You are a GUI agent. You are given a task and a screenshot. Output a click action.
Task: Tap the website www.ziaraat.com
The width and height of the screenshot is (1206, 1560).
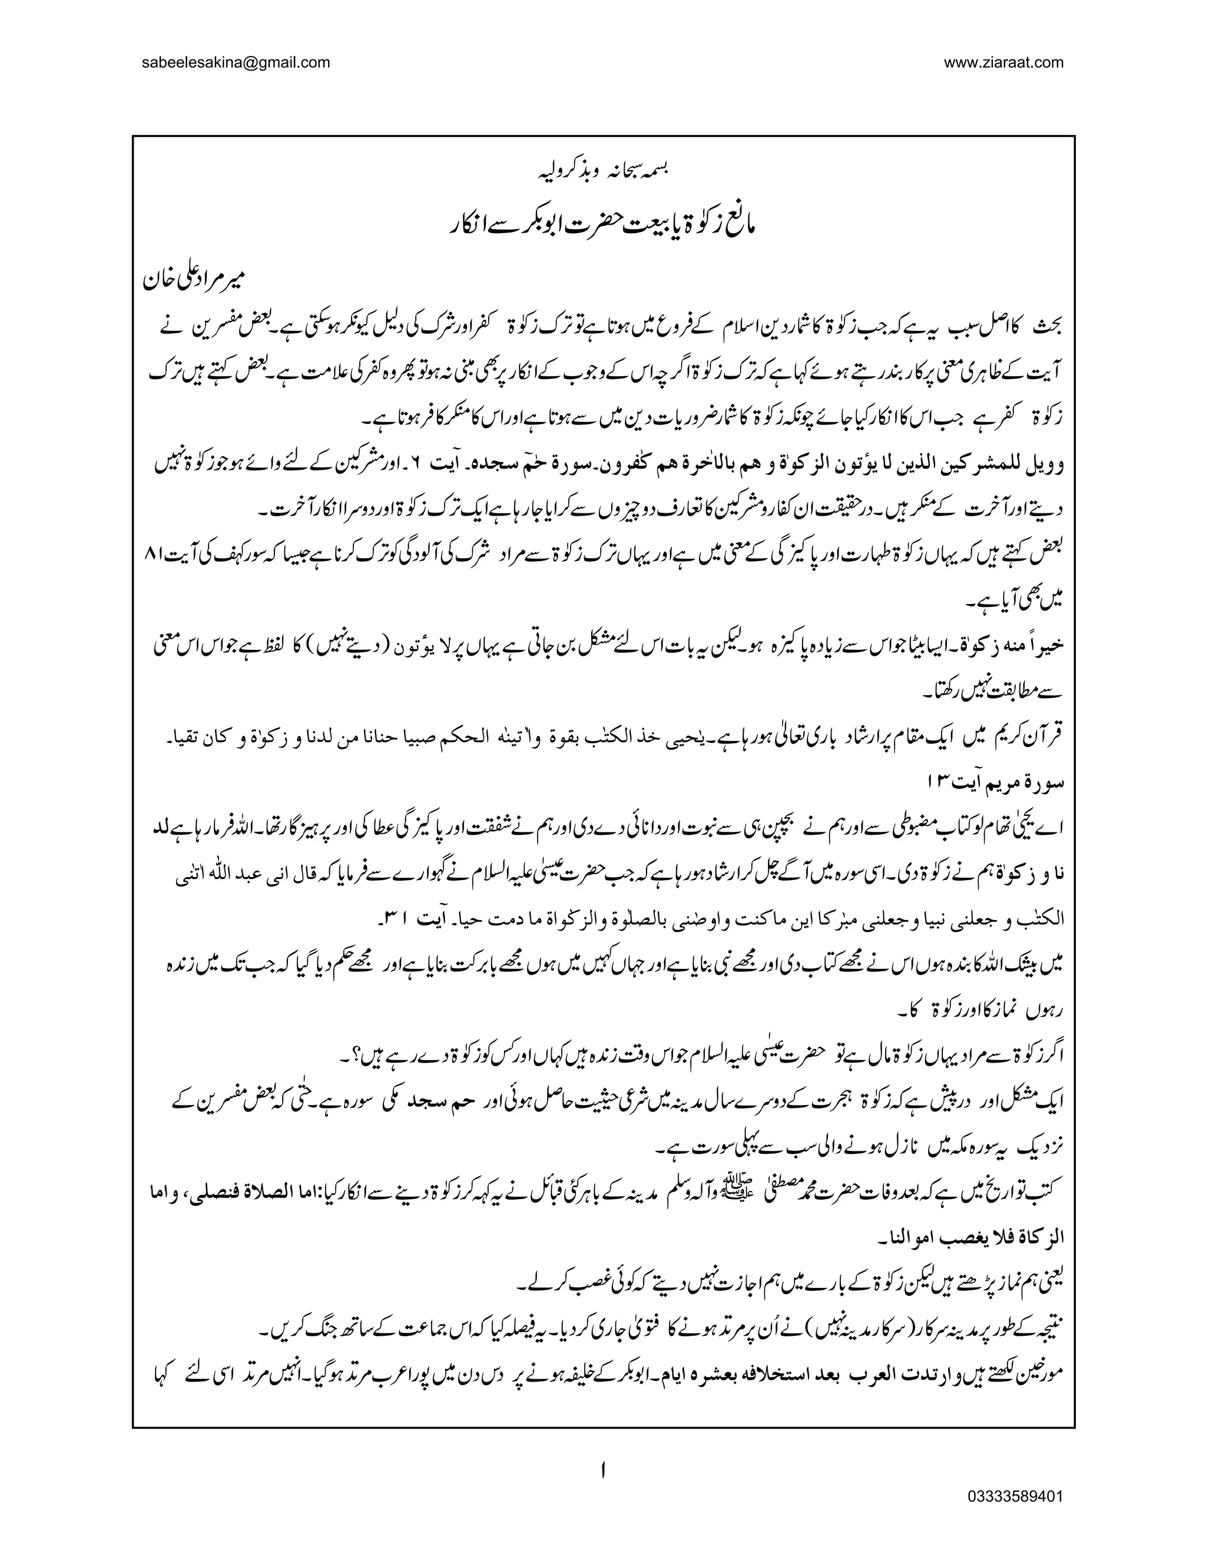[1004, 62]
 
